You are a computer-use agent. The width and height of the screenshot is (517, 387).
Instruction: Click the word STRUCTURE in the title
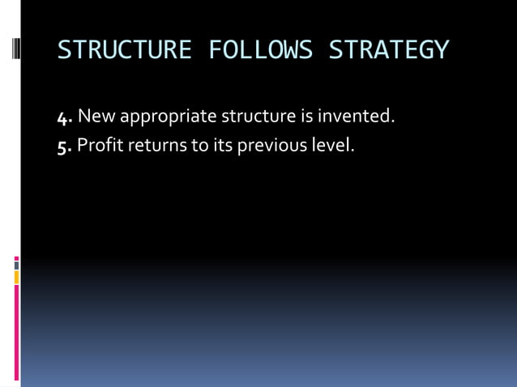tap(124, 50)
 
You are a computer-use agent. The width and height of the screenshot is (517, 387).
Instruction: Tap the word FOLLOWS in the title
tap(260, 50)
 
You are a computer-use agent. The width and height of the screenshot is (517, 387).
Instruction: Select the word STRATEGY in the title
tap(388, 50)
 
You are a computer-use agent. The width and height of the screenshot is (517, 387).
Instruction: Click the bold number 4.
tap(65, 117)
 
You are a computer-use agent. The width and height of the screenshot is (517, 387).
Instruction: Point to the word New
tap(96, 117)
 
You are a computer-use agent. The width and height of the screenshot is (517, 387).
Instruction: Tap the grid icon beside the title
tap(16, 50)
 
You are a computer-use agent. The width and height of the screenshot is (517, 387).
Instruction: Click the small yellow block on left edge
tap(16, 277)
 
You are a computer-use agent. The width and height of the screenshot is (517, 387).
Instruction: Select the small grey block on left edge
tap(16, 265)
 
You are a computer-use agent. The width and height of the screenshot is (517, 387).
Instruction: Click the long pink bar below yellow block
tap(16, 332)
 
